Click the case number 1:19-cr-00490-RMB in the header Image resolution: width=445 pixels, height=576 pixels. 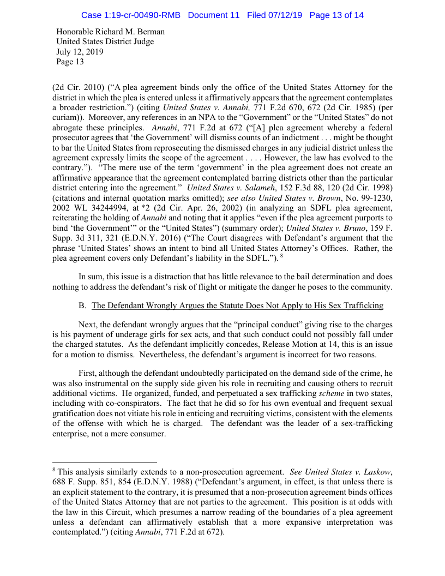[x=131, y=15]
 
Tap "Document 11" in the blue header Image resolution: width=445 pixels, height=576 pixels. [x=213, y=15]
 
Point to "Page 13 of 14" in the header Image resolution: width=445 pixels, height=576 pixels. [x=336, y=15]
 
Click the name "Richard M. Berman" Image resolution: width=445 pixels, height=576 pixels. [x=130, y=32]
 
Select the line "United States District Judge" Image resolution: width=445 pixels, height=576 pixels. [x=105, y=41]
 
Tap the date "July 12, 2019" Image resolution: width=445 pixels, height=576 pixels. [x=80, y=52]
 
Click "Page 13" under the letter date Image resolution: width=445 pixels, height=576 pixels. [x=70, y=62]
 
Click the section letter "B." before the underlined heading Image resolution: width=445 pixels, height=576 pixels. [x=83, y=305]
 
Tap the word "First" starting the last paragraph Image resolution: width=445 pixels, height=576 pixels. [x=88, y=374]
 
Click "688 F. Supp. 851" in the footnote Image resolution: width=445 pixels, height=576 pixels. [x=81, y=482]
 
